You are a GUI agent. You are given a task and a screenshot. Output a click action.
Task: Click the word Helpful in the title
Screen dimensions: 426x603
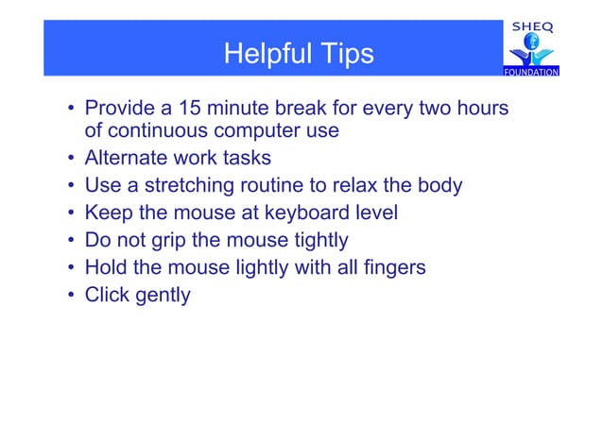(264, 55)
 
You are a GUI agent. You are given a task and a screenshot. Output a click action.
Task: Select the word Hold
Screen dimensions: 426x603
(106, 267)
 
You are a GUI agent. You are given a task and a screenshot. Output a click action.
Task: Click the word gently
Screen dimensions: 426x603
(163, 296)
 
